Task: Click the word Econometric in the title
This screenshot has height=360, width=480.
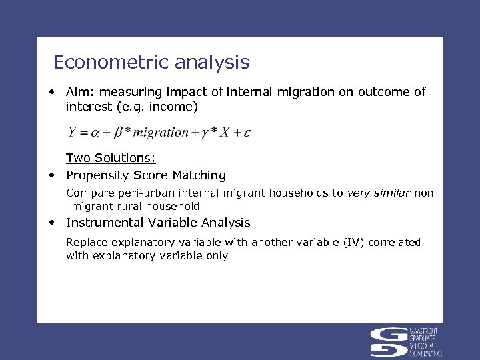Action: [111, 63]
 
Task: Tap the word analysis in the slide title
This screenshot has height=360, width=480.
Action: [211, 63]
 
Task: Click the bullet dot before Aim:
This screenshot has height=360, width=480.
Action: [51, 92]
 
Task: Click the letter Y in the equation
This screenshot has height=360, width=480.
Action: [71, 132]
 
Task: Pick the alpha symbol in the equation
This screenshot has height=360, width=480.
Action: [96, 133]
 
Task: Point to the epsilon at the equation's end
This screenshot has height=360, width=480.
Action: [247, 133]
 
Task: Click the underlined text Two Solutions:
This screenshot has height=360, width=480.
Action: [111, 159]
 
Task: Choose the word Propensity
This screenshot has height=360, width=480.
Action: [97, 175]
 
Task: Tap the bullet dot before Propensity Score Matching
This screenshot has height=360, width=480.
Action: [51, 175]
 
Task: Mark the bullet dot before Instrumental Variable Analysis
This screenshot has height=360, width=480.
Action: [51, 223]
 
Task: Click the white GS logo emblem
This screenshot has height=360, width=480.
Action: [391, 341]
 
